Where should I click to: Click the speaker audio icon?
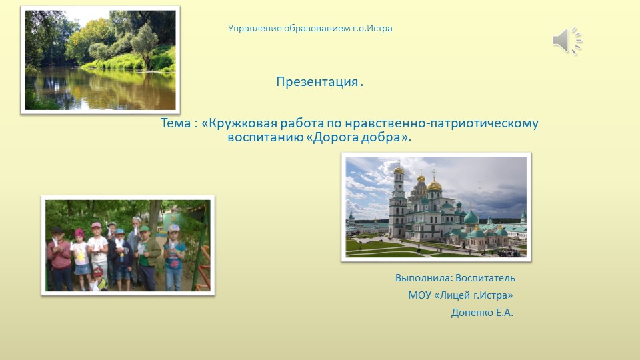click(567, 41)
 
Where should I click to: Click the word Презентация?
click(317, 83)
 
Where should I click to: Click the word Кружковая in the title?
click(239, 124)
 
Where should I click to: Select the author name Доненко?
click(473, 313)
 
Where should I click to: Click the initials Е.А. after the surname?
click(505, 313)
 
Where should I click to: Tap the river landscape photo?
click(100, 60)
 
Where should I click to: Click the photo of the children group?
click(127, 245)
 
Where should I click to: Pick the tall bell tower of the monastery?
click(398, 200)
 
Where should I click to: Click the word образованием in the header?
click(313, 29)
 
